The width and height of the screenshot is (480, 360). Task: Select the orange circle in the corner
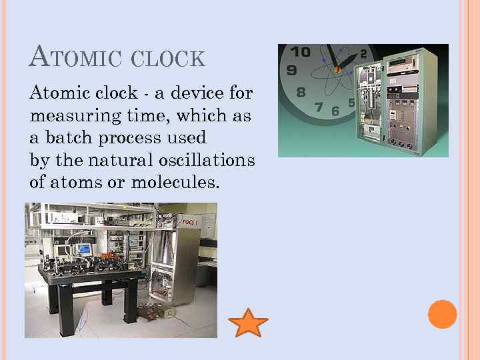pyautogui.click(x=442, y=314)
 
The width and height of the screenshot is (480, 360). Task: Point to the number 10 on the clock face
pyautogui.click(x=301, y=52)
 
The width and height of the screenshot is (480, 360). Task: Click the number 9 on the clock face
pyautogui.click(x=291, y=69)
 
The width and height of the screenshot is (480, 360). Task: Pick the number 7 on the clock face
pyautogui.click(x=319, y=107)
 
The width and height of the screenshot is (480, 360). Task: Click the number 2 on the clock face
pyautogui.click(x=363, y=53)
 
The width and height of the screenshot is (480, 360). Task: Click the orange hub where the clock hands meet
pyautogui.click(x=337, y=69)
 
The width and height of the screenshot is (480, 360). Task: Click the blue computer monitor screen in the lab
pyautogui.click(x=85, y=249)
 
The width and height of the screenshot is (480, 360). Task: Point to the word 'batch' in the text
pyautogui.click(x=65, y=137)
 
